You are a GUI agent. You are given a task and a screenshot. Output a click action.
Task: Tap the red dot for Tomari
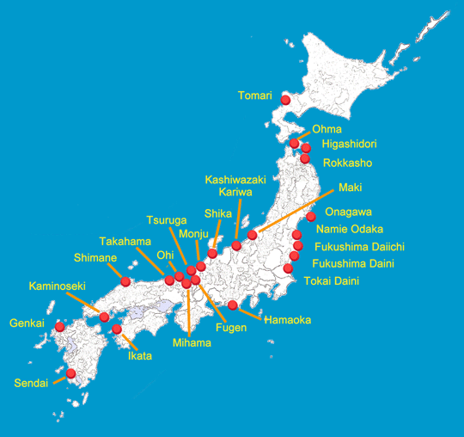coord(285,100)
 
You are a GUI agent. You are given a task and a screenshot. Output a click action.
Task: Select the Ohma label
coord(327,130)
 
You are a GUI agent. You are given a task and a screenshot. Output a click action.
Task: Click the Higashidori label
coord(349,145)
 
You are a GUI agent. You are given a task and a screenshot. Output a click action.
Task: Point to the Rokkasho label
coord(348,163)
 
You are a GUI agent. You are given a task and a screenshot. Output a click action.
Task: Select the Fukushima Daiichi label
coord(358,247)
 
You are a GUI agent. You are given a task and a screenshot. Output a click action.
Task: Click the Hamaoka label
coord(288,320)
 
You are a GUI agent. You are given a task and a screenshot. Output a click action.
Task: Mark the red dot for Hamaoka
coord(233,305)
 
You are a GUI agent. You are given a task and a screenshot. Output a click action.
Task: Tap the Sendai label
coord(31,383)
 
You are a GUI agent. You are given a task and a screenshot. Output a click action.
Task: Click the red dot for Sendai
coord(71,373)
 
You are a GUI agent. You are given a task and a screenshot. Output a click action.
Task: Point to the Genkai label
coord(27,324)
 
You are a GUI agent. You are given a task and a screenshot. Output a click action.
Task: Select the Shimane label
coord(95,257)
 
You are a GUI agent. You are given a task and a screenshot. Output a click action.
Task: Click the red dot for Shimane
coord(126,281)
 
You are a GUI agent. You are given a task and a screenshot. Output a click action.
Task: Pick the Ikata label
coord(140,355)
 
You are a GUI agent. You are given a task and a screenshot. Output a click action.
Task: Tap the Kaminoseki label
coord(56,286)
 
